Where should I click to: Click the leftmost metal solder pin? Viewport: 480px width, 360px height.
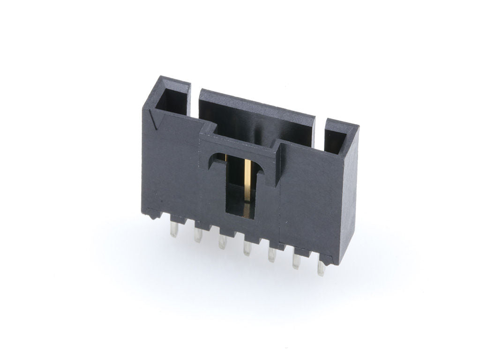tap(174, 229)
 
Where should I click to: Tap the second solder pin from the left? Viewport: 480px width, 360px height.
tap(198, 235)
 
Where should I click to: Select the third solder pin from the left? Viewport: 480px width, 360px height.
tap(223, 242)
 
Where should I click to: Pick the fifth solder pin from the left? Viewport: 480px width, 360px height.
tap(272, 255)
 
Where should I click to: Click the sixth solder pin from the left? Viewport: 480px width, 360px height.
tap(296, 261)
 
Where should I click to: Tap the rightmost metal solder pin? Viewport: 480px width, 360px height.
tap(321, 268)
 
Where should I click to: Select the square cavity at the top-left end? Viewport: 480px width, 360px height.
tap(172, 99)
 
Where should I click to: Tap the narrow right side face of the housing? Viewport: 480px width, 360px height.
tap(349, 197)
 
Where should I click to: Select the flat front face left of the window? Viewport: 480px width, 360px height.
tap(173, 164)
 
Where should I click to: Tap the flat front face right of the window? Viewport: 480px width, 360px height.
tap(309, 197)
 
